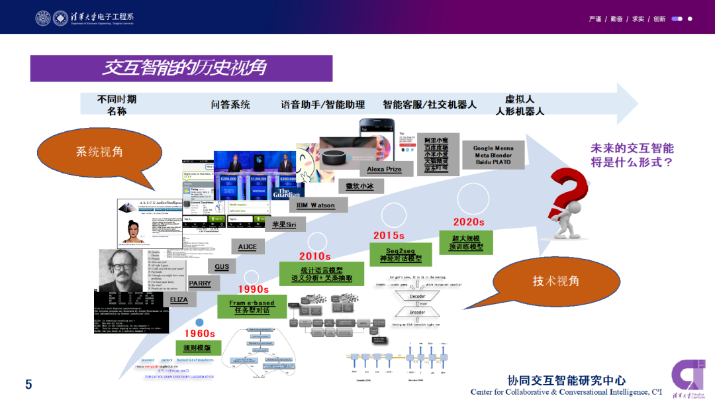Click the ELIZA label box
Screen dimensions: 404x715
pos(179,300)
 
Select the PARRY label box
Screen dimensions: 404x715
pos(200,283)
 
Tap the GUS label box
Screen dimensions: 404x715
pos(222,267)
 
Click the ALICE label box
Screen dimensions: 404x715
pos(247,247)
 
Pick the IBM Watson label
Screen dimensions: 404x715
pos(316,205)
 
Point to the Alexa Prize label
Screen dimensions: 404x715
pos(385,170)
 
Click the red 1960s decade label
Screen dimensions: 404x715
pos(199,334)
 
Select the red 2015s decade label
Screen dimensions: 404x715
pos(389,235)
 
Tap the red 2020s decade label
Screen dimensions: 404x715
pos(469,223)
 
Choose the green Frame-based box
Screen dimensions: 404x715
pos(252,307)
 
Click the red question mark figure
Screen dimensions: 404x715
pos(568,202)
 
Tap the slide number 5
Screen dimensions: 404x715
pos(28,385)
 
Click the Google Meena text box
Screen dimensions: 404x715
pos(493,156)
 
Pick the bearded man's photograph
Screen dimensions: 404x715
pos(120,268)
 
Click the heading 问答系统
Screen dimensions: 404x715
pos(230,105)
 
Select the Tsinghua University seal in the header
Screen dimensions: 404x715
pos(43,18)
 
